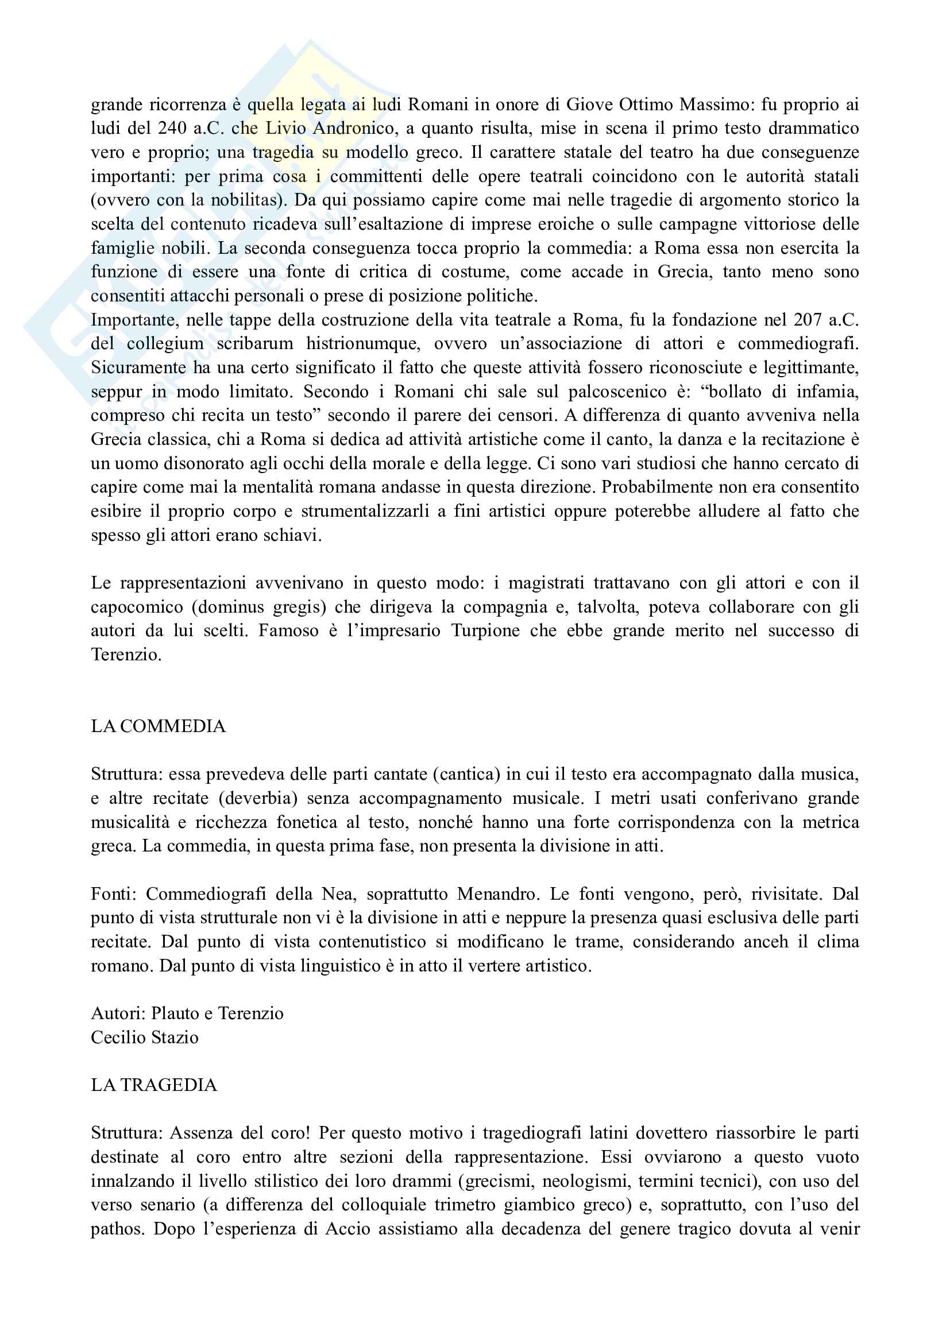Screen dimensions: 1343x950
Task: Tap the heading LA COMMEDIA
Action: (x=158, y=726)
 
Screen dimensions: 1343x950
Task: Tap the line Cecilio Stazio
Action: (x=145, y=1038)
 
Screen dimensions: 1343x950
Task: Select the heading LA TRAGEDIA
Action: (x=154, y=1086)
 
